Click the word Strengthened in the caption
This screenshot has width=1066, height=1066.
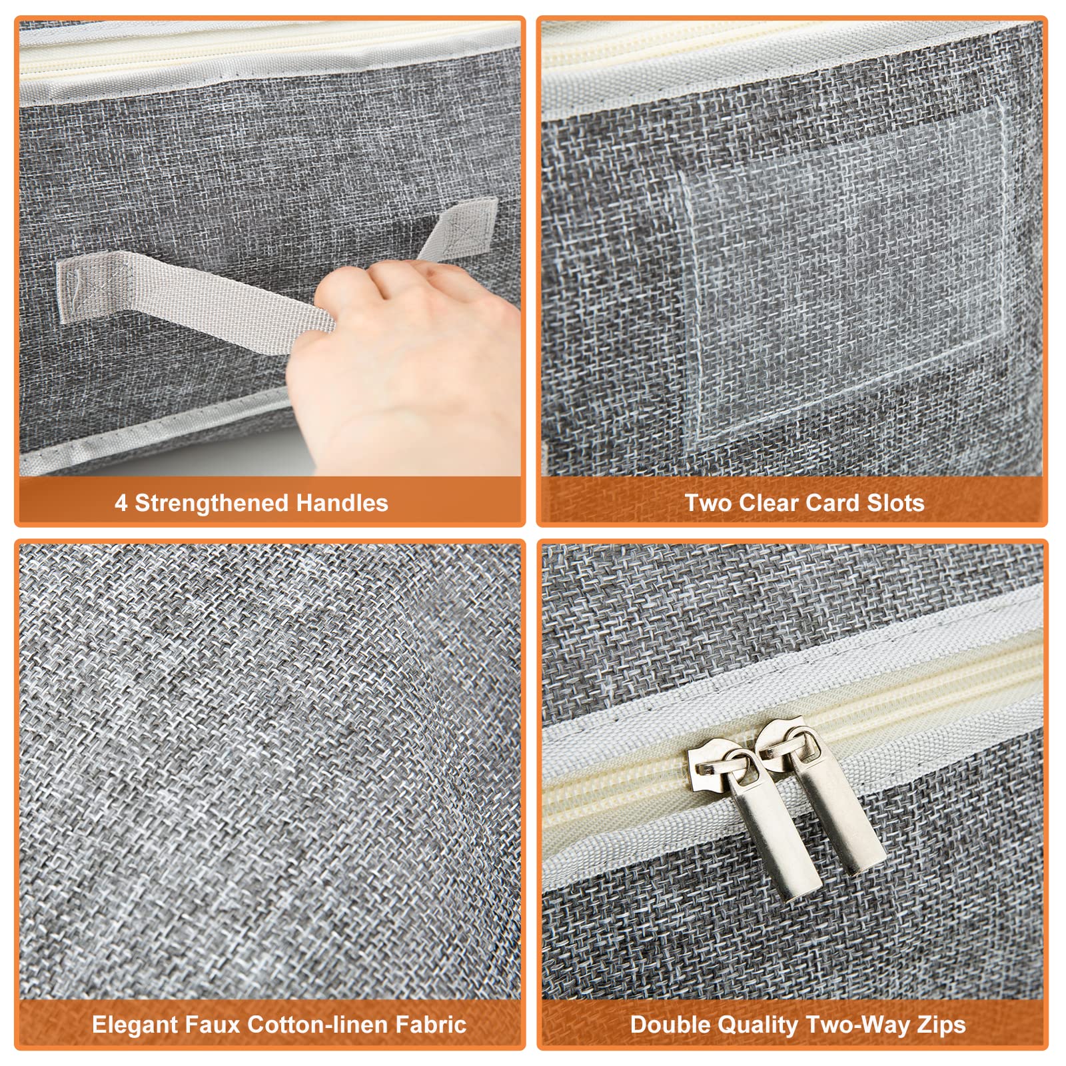click(x=212, y=502)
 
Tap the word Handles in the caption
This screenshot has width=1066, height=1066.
click(x=342, y=502)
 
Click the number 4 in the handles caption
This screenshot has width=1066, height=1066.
click(x=121, y=503)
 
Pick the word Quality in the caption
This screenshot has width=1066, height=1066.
click(x=756, y=1025)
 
